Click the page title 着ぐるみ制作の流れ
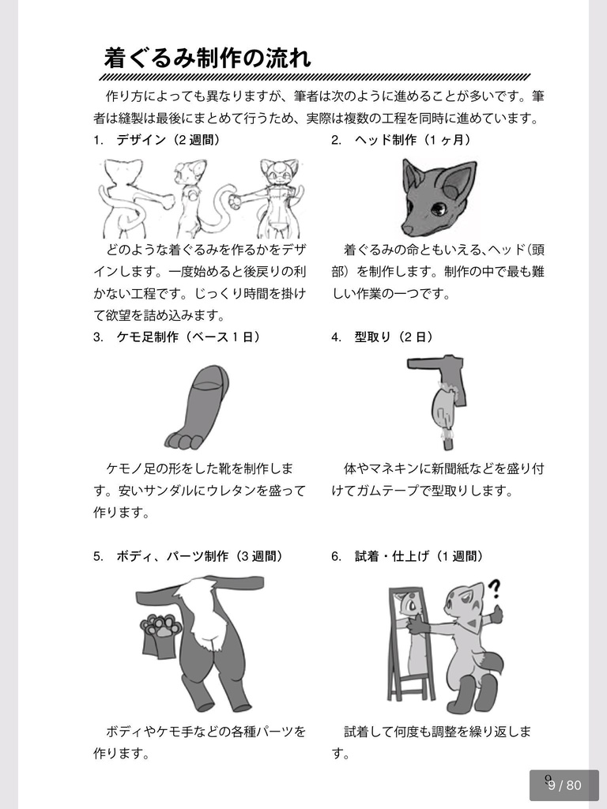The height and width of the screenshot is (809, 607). click(207, 58)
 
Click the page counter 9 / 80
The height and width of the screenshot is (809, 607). click(564, 785)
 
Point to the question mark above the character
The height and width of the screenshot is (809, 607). click(495, 589)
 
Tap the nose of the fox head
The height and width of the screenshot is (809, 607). click(406, 230)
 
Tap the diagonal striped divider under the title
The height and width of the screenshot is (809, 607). click(315, 77)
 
